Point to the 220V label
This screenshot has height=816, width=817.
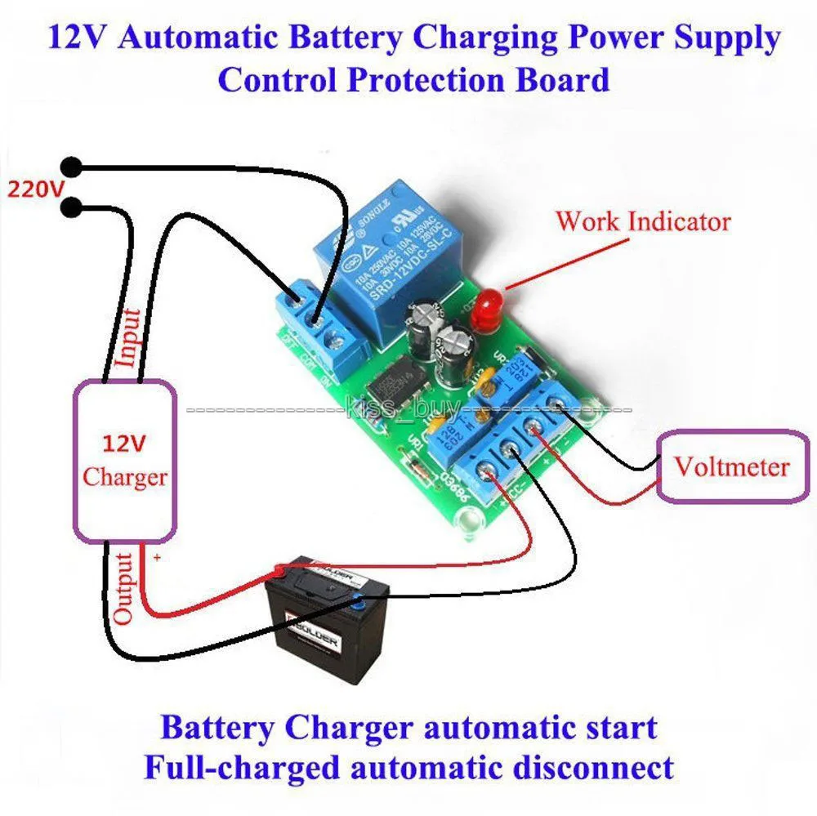click(34, 190)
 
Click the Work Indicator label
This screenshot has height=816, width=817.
click(643, 221)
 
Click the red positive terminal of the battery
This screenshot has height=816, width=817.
click(280, 569)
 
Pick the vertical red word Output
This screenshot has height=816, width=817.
click(123, 589)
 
